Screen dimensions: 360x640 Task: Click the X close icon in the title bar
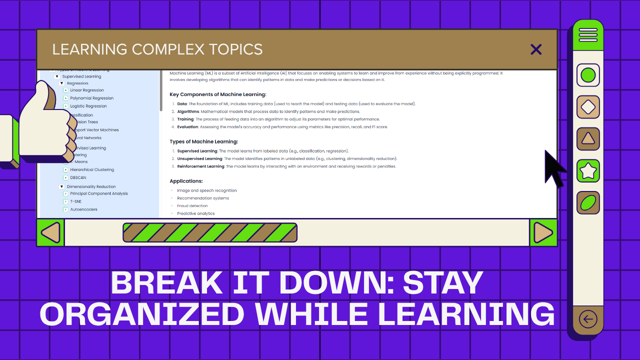point(536,49)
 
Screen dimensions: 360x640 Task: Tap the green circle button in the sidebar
point(588,75)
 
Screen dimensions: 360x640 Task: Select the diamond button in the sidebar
point(588,107)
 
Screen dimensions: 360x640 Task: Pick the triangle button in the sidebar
point(588,139)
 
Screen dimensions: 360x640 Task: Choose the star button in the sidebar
point(588,171)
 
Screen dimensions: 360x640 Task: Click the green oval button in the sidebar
point(588,203)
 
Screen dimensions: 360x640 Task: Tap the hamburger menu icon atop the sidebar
point(588,35)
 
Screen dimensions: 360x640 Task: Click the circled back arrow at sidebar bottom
point(588,319)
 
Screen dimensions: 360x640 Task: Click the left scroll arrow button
point(50,232)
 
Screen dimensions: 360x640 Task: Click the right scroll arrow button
point(543,232)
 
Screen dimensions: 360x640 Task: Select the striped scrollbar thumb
point(210,232)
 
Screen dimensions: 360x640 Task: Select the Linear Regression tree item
point(87,90)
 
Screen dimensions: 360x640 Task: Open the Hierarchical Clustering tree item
point(92,170)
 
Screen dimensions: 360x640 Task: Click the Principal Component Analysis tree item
point(99,194)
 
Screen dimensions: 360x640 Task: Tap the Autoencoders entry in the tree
point(84,209)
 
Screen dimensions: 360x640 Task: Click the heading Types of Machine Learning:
point(203,142)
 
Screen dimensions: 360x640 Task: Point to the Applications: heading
point(186,181)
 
